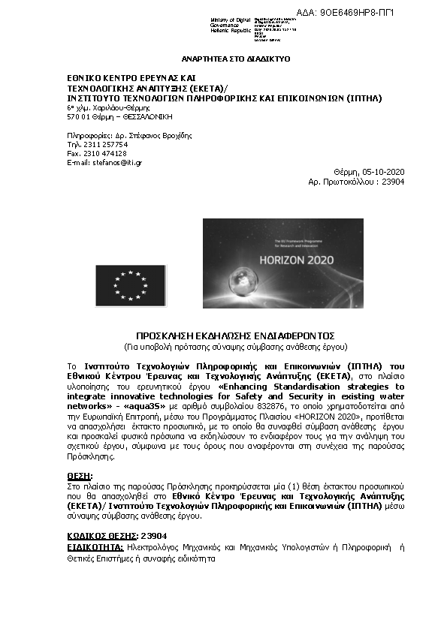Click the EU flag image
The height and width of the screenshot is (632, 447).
(x=131, y=284)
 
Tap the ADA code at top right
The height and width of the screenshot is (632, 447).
(x=357, y=13)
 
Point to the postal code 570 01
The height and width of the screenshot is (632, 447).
(x=78, y=117)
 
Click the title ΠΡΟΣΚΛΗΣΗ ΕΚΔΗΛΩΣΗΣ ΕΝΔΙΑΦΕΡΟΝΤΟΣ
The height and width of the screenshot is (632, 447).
(x=235, y=335)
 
